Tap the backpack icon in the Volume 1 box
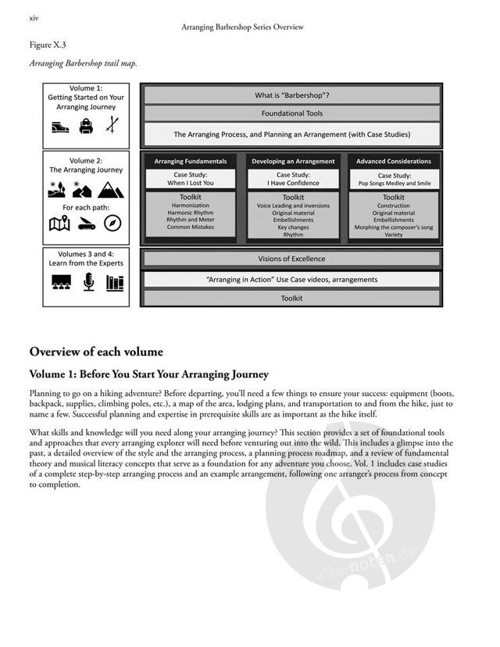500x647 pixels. (87, 124)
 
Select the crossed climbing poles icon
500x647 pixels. (113, 124)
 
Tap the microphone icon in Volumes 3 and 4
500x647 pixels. (87, 282)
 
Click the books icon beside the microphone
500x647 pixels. (114, 282)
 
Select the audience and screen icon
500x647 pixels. (60, 283)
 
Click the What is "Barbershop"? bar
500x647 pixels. (291, 95)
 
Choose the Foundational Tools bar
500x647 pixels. (291, 113)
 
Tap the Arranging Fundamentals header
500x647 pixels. (191, 161)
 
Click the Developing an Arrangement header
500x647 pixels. (293, 161)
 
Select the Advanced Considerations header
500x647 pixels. (393, 161)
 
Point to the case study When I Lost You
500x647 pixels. (191, 179)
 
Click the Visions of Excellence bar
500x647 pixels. (291, 259)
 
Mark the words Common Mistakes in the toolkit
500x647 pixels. (191, 227)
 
